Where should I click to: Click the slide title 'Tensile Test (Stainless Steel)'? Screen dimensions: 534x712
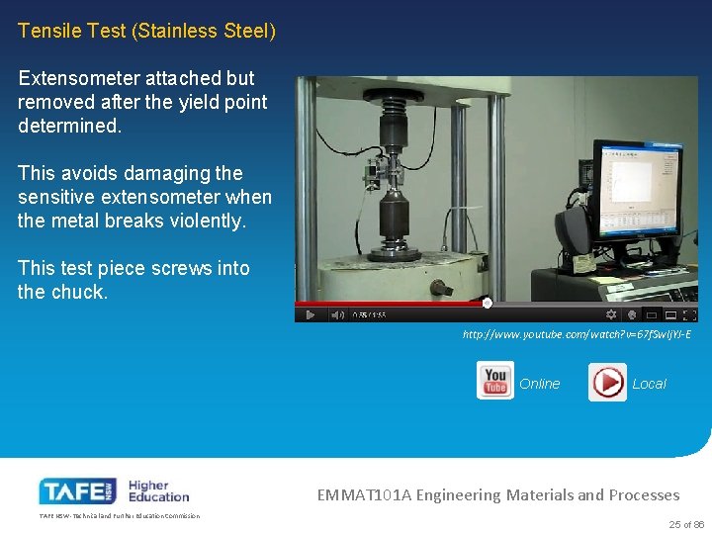146,31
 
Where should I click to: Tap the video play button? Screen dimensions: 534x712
310,314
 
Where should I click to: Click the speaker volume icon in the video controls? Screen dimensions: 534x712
338,314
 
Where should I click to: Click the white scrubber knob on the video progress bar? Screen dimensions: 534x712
487,303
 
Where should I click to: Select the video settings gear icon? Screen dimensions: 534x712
610,314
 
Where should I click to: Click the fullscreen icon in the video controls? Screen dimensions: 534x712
690,314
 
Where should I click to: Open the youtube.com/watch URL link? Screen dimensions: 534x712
577,334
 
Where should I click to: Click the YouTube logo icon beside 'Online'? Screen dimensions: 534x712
494,382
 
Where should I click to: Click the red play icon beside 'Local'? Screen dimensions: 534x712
606,383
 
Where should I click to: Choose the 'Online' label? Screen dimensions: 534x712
539,384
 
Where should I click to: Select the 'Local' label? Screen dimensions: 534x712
649,384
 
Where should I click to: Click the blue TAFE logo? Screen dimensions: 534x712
77,490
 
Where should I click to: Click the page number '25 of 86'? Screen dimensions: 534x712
686,524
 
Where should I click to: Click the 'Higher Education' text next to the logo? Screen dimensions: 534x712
158,490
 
